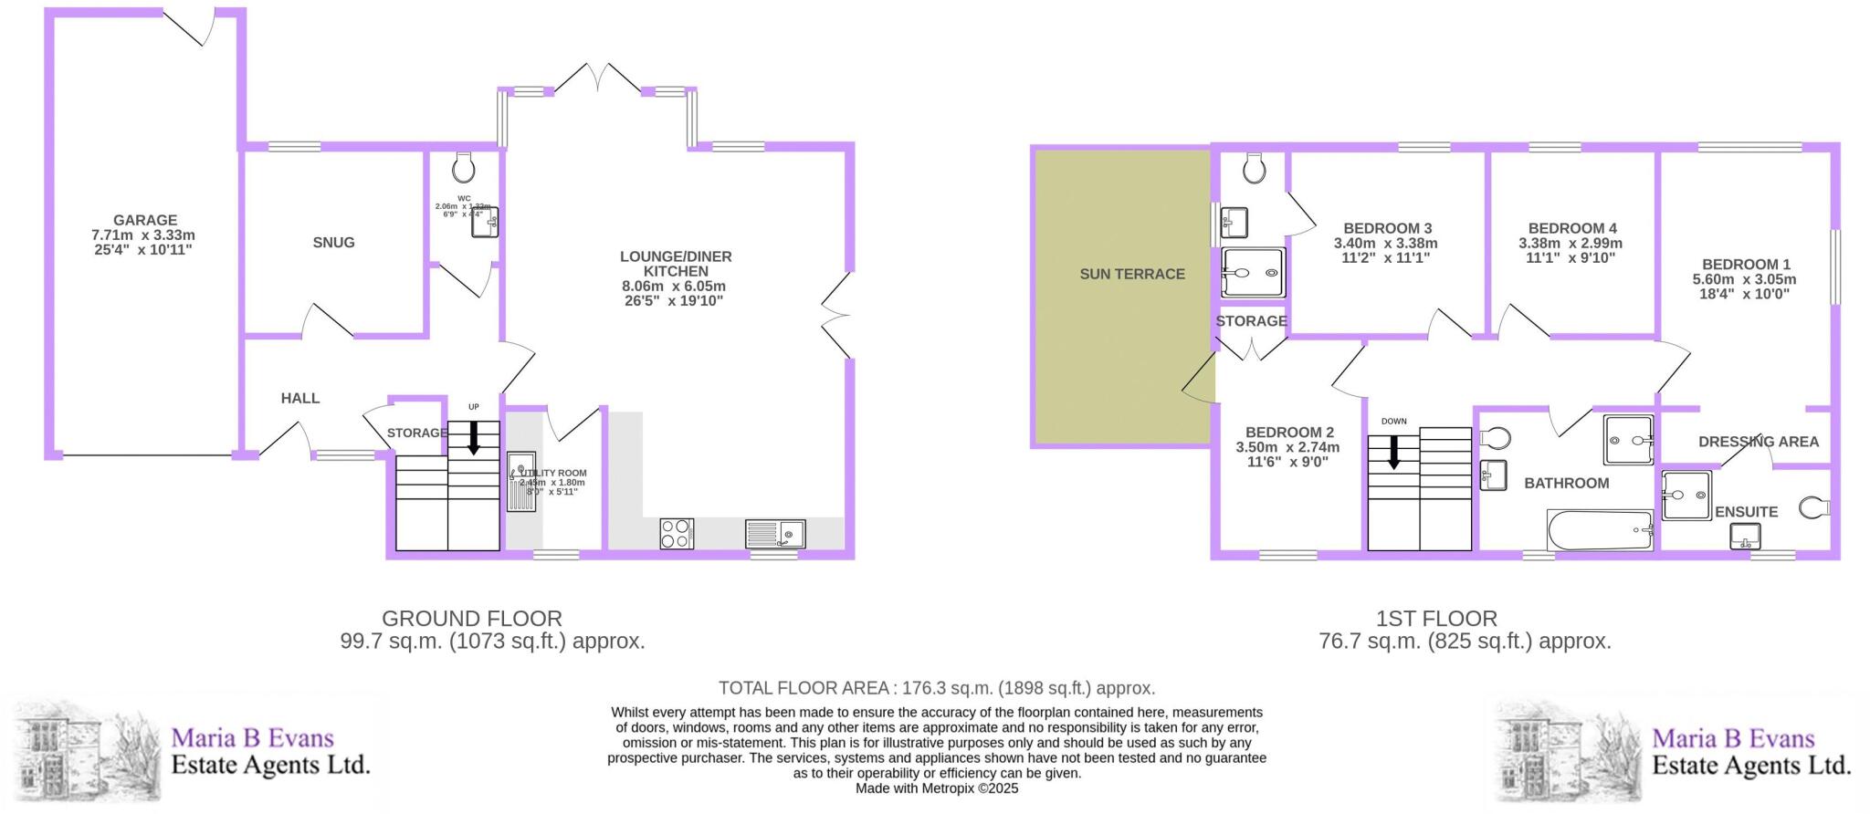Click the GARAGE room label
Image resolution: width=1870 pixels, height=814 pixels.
coord(145,220)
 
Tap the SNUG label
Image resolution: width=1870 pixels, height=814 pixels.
coord(333,243)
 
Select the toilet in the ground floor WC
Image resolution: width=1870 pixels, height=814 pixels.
coord(464,167)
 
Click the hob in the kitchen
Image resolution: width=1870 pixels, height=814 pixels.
coord(677,534)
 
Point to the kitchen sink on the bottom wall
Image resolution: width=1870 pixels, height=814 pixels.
coord(775,534)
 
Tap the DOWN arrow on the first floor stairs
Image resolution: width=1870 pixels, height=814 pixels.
coord(1393,452)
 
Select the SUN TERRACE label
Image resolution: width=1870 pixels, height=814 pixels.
coord(1132,274)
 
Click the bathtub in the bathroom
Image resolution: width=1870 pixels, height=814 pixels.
coord(1600,530)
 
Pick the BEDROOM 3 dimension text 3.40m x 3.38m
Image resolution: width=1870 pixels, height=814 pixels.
coord(1385,244)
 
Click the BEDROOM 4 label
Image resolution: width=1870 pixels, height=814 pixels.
coord(1572,228)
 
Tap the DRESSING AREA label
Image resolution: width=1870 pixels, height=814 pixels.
coord(1759,442)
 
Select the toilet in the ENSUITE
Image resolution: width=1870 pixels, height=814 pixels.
coord(1814,507)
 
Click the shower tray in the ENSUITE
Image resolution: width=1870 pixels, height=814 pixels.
coord(1686,496)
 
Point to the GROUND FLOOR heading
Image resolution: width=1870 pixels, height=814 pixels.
coord(471,619)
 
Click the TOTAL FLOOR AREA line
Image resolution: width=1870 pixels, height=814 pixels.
coord(937,688)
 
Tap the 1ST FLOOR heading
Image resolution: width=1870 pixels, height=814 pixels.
coord(1436,619)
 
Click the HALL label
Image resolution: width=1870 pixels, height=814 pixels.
coord(300,398)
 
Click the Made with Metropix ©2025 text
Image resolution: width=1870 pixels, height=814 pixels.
coord(937,788)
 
